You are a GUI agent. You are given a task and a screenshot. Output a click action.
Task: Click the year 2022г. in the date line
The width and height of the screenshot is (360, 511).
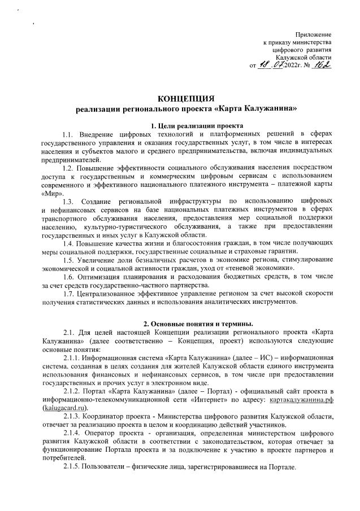click(298, 67)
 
